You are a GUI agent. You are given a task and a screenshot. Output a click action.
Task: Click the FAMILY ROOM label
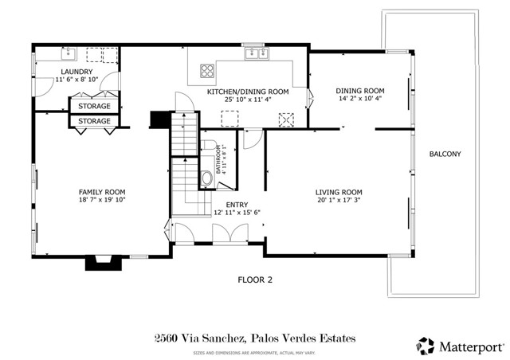point(101,192)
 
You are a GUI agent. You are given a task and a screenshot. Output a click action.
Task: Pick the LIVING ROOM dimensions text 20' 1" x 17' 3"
point(338,201)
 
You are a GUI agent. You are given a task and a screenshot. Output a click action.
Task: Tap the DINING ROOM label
point(359,90)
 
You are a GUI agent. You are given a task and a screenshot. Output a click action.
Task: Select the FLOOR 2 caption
point(255,280)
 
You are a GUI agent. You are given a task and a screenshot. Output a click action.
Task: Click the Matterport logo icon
point(425,345)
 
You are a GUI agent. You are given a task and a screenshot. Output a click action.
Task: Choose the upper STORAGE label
point(93,105)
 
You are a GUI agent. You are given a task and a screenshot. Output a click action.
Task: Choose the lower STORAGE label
point(93,121)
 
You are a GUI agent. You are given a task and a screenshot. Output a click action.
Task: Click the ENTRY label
point(226,205)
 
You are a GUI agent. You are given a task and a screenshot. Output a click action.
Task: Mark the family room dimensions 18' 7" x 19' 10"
point(101,200)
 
